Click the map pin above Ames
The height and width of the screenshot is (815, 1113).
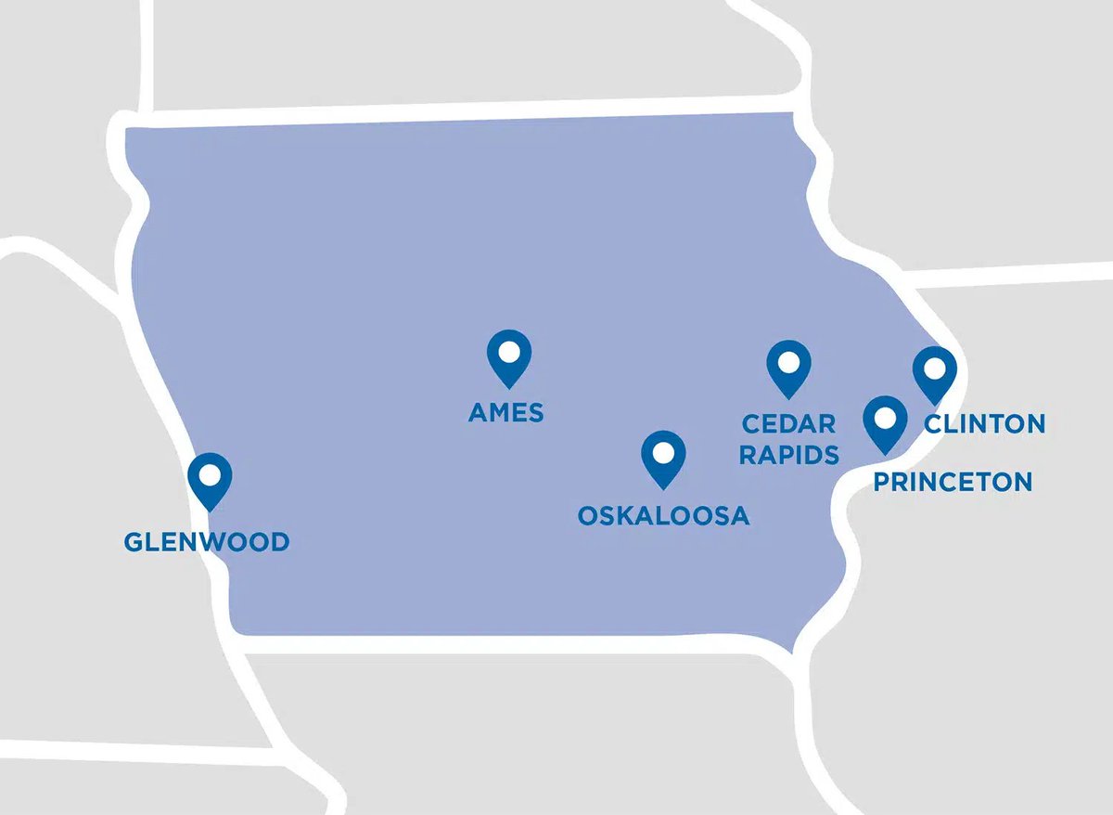(x=509, y=357)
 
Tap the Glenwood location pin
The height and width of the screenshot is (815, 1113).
(x=210, y=480)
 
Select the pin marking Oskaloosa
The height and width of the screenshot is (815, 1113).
(x=663, y=459)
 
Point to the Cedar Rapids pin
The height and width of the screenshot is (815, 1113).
(x=789, y=368)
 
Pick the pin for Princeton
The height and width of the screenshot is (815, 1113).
(x=886, y=423)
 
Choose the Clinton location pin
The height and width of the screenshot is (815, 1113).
(x=934, y=374)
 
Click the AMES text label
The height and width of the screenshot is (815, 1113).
(x=506, y=412)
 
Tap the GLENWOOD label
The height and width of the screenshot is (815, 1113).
(x=207, y=542)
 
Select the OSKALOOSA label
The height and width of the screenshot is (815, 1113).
(x=663, y=516)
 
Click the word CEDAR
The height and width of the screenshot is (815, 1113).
(x=789, y=424)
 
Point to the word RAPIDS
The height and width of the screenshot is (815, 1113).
(x=789, y=455)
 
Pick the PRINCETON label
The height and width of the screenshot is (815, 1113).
(x=953, y=482)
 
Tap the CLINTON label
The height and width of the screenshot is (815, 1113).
(x=985, y=424)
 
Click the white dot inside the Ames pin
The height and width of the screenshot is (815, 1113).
(x=509, y=352)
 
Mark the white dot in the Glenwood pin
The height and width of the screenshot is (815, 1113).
(x=210, y=474)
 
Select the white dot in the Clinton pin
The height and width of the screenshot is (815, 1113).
(x=934, y=369)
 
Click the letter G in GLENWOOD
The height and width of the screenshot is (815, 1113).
(x=134, y=542)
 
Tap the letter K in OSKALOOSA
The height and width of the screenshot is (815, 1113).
(x=620, y=516)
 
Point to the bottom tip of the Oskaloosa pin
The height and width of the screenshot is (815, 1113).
(x=663, y=489)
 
